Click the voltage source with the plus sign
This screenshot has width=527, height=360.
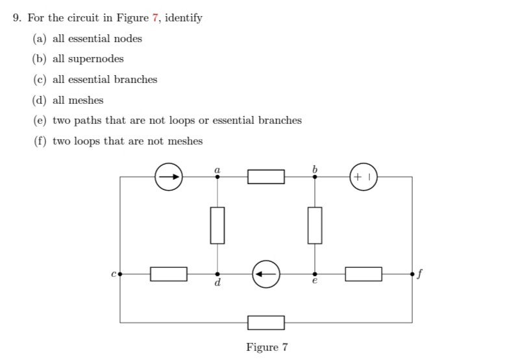363,176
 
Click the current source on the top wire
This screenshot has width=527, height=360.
168,176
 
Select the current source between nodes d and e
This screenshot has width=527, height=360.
266,274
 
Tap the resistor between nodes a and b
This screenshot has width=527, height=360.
266,176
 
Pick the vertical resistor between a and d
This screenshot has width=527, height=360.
217,225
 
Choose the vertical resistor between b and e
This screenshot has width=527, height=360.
315,225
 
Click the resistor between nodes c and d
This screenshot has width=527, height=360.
169,274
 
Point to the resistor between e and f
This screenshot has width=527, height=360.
363,274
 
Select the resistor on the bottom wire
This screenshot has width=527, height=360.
266,322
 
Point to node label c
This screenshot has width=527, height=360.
113,274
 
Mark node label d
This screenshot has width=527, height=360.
217,283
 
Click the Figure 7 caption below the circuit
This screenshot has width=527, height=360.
266,347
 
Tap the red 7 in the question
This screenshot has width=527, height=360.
155,18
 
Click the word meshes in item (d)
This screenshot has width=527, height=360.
87,100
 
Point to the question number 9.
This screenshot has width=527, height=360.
18,18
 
